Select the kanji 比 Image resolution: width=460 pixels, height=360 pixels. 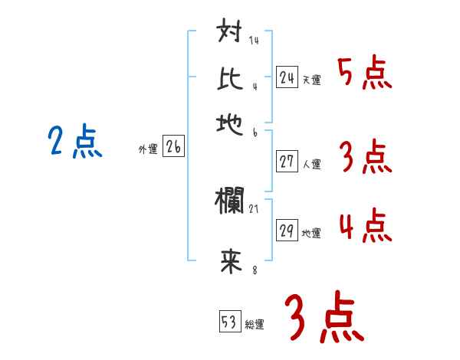tap(231, 79)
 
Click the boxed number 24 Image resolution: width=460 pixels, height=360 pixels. tap(287, 77)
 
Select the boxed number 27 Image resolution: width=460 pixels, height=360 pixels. tap(287, 161)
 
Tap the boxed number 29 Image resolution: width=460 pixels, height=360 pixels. tap(287, 231)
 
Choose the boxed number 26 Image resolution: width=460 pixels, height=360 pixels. tap(173, 148)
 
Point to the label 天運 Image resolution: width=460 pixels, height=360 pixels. tap(311, 80)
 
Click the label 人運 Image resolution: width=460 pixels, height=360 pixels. tap(311, 164)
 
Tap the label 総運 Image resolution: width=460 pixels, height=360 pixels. tap(255, 324)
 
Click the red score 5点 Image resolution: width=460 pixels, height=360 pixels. tap(364, 74)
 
